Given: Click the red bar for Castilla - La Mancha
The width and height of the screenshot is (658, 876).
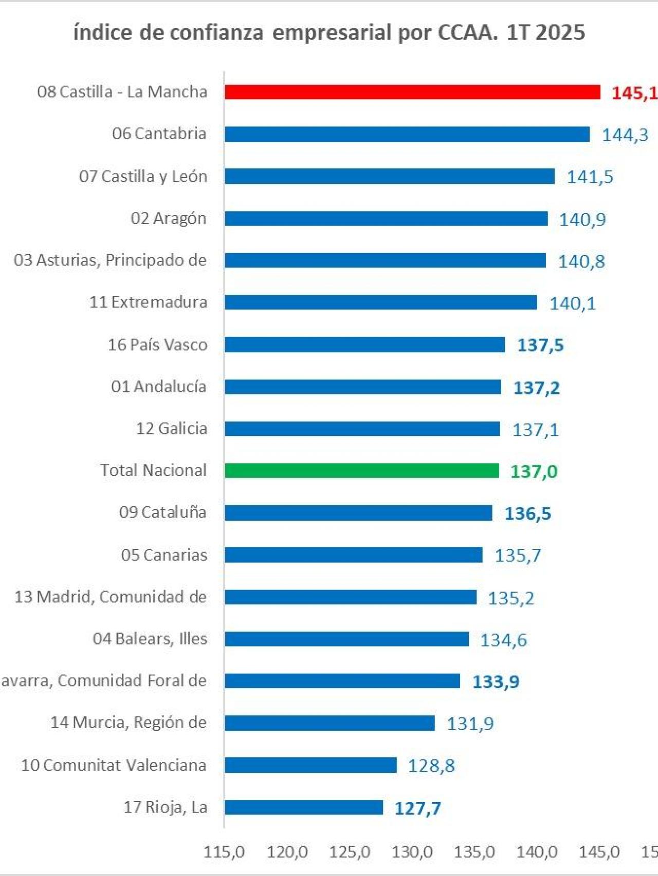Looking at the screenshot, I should coord(412,92).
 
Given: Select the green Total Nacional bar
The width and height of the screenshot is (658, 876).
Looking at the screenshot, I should coord(362,470).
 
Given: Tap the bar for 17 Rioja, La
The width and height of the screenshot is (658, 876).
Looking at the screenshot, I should coord(304,807).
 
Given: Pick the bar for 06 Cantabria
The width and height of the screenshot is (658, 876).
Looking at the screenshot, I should coord(407,134).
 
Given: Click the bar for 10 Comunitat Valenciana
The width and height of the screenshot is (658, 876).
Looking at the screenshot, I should coord(310,765).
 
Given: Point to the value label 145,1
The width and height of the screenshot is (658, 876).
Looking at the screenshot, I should coord(634,93).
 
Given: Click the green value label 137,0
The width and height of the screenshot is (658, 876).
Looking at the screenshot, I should coord(534,471).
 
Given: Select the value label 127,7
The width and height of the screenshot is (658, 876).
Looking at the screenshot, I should coord(417,808).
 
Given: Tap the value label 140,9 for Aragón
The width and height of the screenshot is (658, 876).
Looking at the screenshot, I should coord(582,219).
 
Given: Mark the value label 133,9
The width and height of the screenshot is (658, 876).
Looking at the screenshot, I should coord(496,682).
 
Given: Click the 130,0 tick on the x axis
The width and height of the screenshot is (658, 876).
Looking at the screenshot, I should coord(412,852).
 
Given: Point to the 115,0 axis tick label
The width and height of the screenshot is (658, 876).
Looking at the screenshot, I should coord(224,852).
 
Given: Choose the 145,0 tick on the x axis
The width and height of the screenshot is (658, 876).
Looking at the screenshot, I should coord(599,852).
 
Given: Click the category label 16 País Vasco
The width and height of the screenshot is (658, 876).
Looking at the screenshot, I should coord(157,345).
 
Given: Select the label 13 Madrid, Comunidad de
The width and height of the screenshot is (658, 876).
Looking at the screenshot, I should coord(111,597).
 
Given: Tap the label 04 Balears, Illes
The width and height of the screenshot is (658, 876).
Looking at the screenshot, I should coord(150,639).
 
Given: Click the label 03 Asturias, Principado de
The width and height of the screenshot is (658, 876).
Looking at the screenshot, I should coord(110,260).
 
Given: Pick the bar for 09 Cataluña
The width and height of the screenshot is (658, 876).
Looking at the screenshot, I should coord(358,512).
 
